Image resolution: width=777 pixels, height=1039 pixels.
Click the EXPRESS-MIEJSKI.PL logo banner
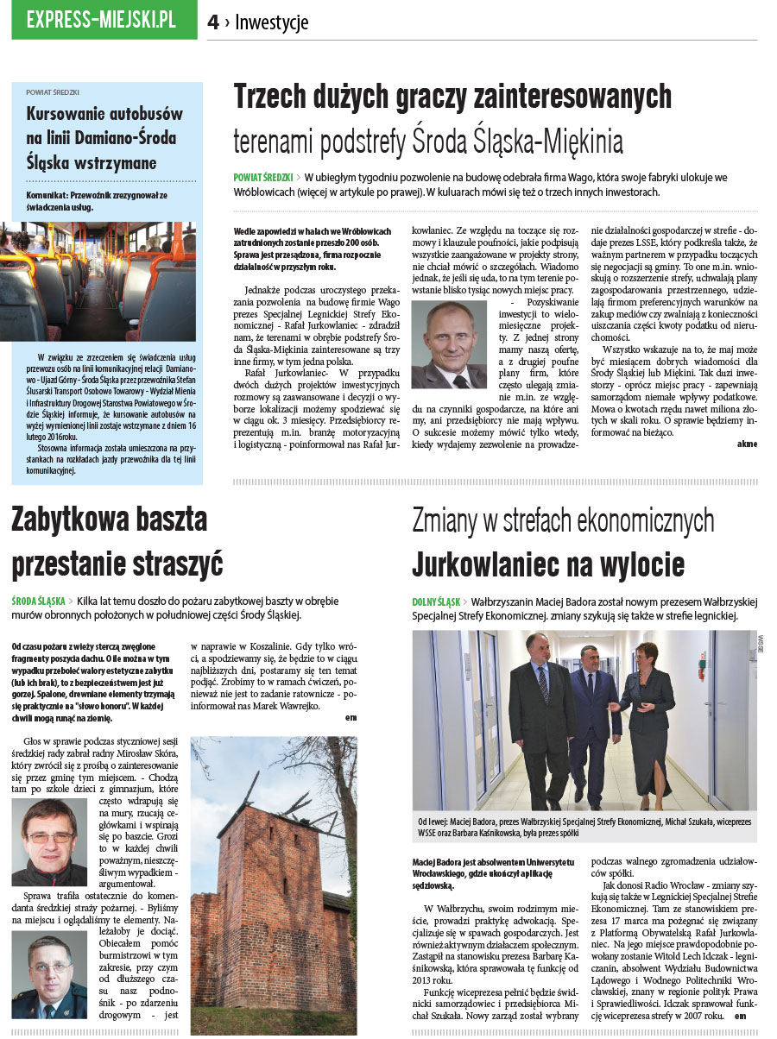[x=102, y=20]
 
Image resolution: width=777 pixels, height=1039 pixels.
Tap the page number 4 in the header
[x=213, y=23]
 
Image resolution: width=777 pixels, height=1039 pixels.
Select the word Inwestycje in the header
[x=271, y=23]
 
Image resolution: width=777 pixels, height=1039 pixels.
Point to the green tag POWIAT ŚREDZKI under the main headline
[x=262, y=177]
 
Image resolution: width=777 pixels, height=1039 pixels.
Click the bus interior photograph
[x=104, y=281]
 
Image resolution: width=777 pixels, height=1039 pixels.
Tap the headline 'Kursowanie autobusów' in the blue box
[x=104, y=113]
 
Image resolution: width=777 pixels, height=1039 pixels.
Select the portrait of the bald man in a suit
[x=448, y=344]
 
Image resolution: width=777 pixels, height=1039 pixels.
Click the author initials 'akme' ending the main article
[x=747, y=444]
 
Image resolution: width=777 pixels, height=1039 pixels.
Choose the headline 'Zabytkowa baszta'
[x=109, y=519]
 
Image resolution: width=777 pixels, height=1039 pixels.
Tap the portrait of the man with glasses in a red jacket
[x=49, y=842]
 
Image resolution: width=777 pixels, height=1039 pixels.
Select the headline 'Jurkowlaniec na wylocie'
[x=548, y=564]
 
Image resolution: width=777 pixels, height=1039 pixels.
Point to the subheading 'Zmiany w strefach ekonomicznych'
[x=563, y=520]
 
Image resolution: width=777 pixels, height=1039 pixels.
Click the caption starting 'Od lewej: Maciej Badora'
[x=584, y=827]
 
